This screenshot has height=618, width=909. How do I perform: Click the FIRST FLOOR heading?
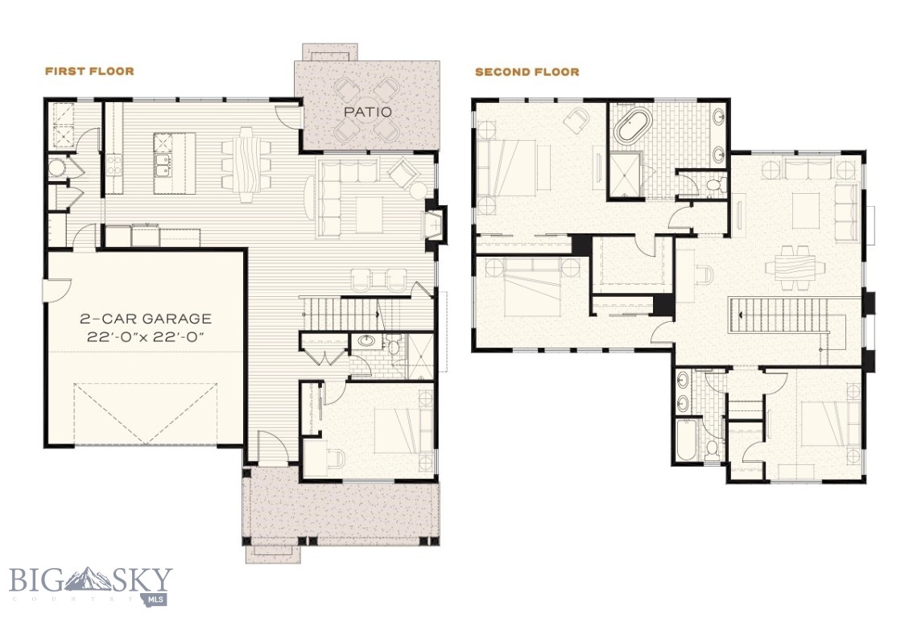(89, 72)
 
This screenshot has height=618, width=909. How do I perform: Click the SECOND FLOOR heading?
(527, 72)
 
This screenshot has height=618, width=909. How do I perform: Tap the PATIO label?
(368, 112)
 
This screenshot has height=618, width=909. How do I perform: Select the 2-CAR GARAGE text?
(145, 319)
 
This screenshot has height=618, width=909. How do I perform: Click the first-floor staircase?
(338, 310)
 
